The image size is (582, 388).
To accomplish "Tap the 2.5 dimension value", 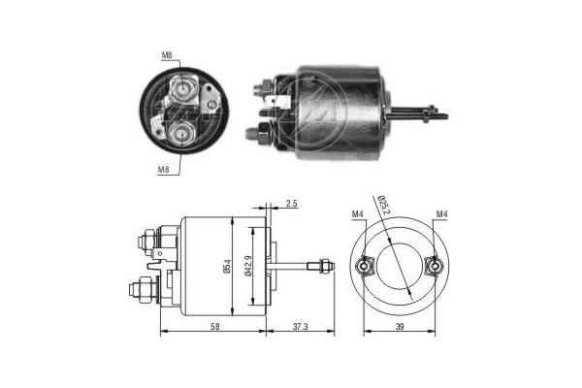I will pyautogui.click(x=291, y=204).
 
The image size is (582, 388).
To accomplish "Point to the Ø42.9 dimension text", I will pyautogui.click(x=249, y=264).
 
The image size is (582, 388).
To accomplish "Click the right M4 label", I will pyautogui.click(x=442, y=213).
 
